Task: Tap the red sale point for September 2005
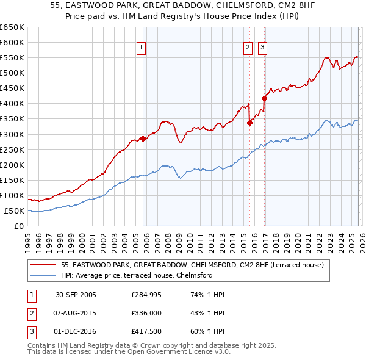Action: tap(143, 139)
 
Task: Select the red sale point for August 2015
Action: tap(249, 123)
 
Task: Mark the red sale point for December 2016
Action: tap(264, 98)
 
